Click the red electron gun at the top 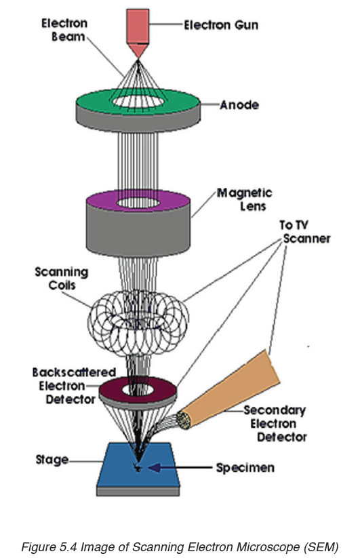[138, 32]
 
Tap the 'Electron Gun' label [221, 25]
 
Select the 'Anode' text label [239, 105]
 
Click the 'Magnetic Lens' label [245, 199]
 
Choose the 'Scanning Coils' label [62, 279]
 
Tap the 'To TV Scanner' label [305, 232]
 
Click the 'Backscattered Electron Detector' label [74, 386]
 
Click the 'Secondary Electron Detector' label [275, 424]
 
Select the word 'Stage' [52, 460]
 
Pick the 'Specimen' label [245, 467]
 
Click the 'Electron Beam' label [64, 30]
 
